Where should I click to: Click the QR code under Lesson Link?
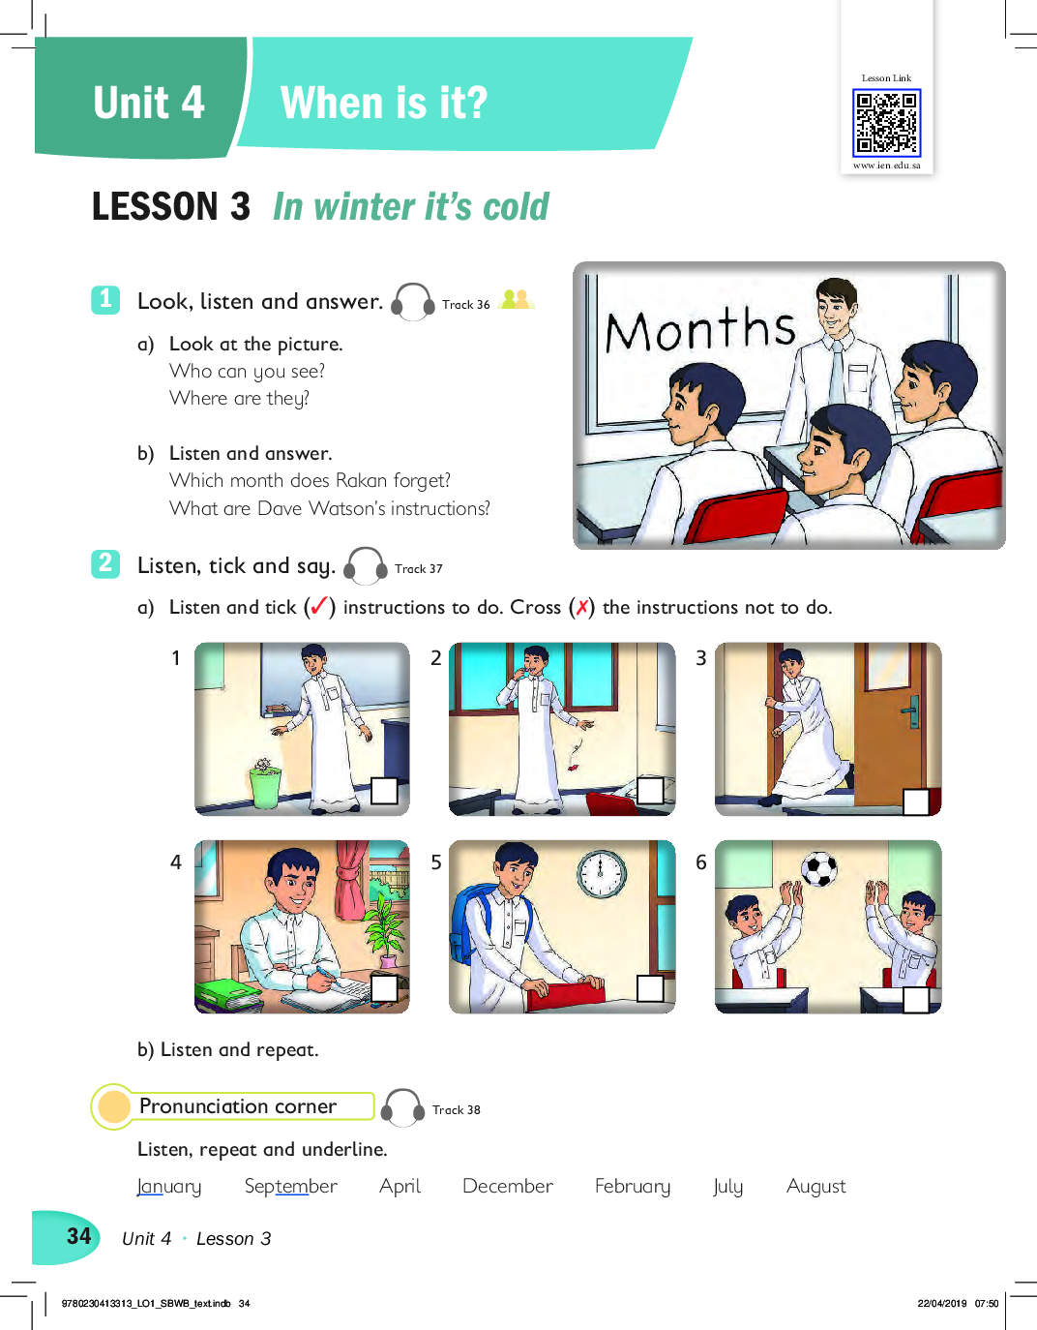pos(887,122)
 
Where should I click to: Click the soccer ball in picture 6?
pos(818,869)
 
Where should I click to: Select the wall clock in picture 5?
pos(602,873)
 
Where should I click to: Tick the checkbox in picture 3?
pos(916,802)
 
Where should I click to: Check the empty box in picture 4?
pos(385,988)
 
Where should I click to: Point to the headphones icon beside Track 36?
pos(413,302)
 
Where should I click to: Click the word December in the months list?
pos(508,1186)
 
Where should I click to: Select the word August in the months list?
pos(815,1187)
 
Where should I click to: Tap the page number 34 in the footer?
pos(79,1236)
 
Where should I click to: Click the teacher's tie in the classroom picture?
pos(838,375)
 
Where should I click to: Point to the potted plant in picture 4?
pos(385,930)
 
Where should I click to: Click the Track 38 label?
pos(457,1109)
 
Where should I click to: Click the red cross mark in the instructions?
pos(581,607)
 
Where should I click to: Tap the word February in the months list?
pos(633,1187)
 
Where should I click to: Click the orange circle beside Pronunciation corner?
pos(114,1106)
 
